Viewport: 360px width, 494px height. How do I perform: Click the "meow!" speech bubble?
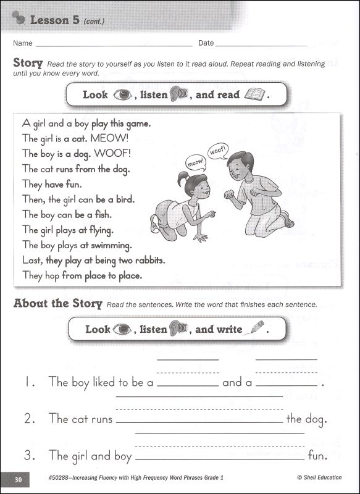click(196, 162)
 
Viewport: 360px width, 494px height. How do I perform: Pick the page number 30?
click(18, 478)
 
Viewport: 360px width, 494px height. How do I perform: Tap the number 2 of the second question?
click(30, 419)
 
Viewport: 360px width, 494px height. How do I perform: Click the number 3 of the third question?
click(30, 456)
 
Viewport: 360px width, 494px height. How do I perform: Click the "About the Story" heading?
click(57, 303)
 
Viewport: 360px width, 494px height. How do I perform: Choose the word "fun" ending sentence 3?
click(316, 456)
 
